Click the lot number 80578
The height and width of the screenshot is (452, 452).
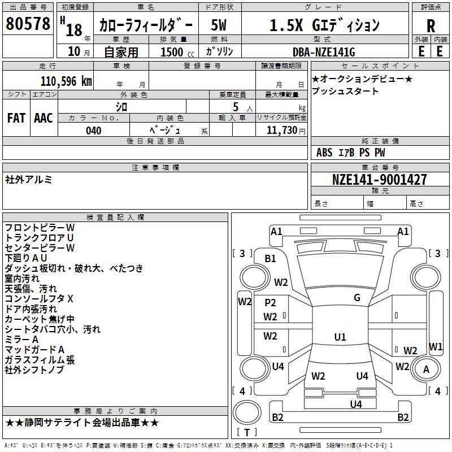[x=28, y=24]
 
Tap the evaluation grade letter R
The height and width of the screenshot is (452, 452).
[x=431, y=26]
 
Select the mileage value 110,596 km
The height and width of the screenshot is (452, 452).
[x=66, y=81]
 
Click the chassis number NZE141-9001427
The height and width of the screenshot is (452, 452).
[x=379, y=180]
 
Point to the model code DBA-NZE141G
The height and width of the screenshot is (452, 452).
[x=324, y=52]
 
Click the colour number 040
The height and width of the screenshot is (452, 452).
[x=94, y=131]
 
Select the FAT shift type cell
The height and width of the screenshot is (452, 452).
[x=16, y=118]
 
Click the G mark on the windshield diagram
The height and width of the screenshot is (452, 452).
[x=357, y=298]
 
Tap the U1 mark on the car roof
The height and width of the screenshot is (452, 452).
[x=340, y=337]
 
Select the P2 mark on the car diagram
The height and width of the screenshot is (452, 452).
[x=271, y=303]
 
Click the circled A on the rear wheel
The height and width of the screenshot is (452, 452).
[x=426, y=369]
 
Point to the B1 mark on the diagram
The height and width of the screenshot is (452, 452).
[x=271, y=259]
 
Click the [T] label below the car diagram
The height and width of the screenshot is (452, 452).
[x=246, y=433]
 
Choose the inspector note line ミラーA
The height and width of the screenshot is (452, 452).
[x=21, y=339]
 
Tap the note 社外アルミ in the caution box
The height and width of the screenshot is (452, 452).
[x=29, y=179]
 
